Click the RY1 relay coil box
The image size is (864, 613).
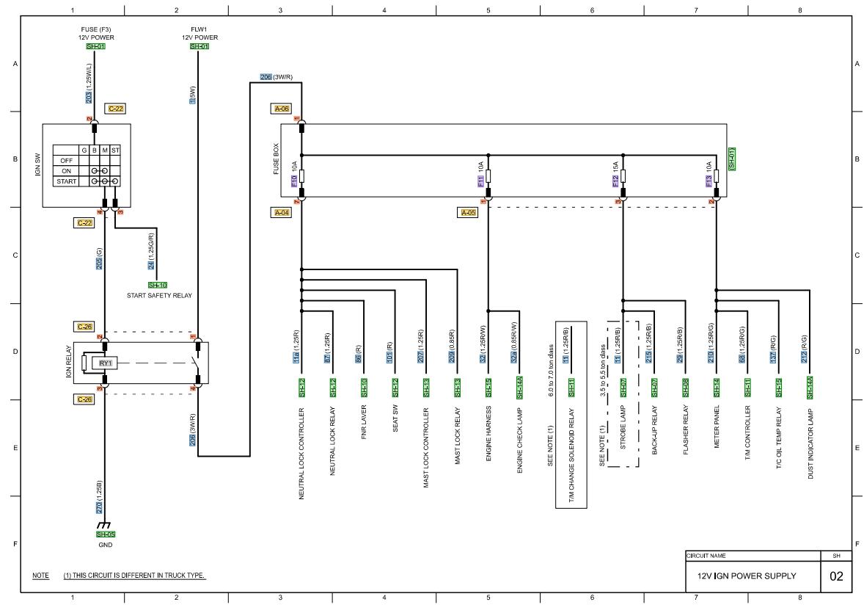tap(106, 363)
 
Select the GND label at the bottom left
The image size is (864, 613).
tap(104, 545)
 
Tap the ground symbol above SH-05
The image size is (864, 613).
tap(104, 526)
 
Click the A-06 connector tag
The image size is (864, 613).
tap(282, 109)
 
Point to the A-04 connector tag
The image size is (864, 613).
tap(282, 212)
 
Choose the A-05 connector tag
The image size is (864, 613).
tap(467, 212)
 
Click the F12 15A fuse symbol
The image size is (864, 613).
tap(623, 176)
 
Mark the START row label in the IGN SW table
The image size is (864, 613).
tap(67, 181)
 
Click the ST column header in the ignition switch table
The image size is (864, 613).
tap(115, 150)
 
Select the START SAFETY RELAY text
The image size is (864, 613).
tap(159, 295)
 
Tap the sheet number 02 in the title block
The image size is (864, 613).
tap(836, 576)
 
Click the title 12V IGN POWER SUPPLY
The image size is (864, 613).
tap(742, 576)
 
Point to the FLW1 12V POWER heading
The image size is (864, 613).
tap(199, 33)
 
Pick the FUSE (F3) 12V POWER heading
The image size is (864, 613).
tap(96, 33)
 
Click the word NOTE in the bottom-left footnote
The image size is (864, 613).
tap(40, 576)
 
